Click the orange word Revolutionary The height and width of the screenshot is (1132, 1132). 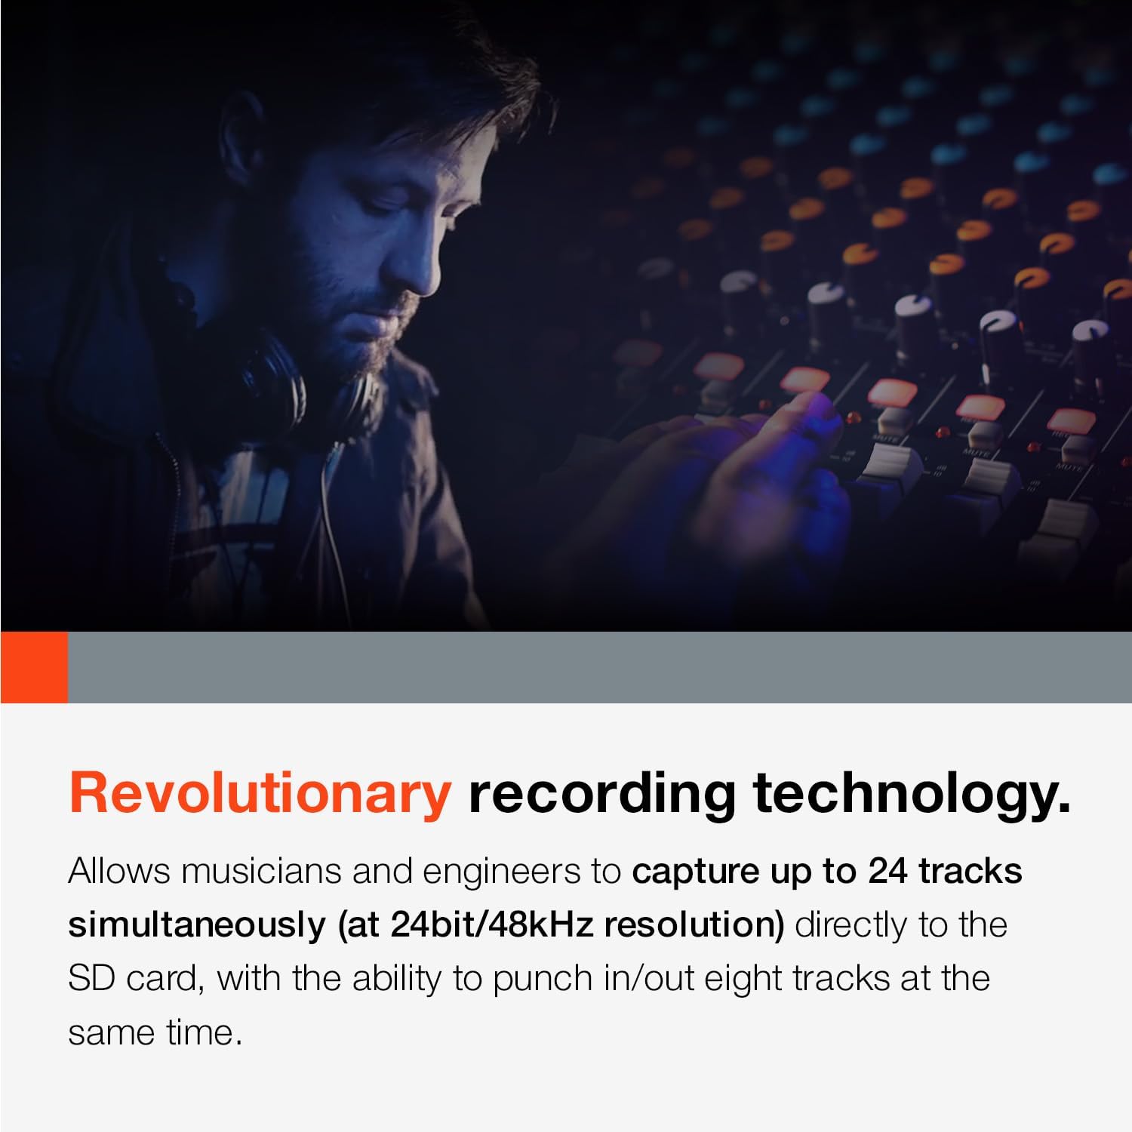[259, 793]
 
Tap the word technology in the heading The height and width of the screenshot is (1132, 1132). [912, 793]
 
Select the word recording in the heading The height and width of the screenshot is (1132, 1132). [601, 793]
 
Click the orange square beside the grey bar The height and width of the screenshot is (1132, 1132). [34, 667]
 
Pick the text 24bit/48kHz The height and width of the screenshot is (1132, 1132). [492, 925]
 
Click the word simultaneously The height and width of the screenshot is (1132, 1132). [197, 925]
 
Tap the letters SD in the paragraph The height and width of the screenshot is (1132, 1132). [91, 979]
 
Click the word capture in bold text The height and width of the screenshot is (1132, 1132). [694, 872]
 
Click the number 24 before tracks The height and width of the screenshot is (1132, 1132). [887, 872]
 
